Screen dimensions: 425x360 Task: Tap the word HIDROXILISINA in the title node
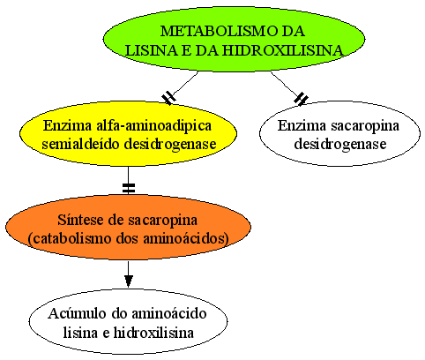click(282, 50)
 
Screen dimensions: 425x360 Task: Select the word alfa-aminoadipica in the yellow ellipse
click(153, 126)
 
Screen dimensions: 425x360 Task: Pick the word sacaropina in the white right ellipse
click(365, 126)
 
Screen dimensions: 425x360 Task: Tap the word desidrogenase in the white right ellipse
click(340, 145)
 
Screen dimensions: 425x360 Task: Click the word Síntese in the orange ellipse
click(78, 220)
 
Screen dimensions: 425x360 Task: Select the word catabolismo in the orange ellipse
click(68, 238)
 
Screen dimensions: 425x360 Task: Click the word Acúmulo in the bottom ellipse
click(78, 313)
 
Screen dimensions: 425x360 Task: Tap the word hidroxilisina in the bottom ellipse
click(153, 333)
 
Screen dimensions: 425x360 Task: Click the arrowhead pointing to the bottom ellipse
click(128, 281)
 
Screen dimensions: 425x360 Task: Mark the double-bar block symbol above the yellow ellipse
click(169, 97)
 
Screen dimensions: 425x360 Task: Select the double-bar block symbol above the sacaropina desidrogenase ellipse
click(301, 99)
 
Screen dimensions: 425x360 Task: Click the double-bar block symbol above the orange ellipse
click(129, 188)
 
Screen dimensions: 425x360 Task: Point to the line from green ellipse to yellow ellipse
click(183, 85)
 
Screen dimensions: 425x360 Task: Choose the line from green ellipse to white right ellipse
click(286, 85)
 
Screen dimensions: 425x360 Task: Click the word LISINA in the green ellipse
click(152, 50)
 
